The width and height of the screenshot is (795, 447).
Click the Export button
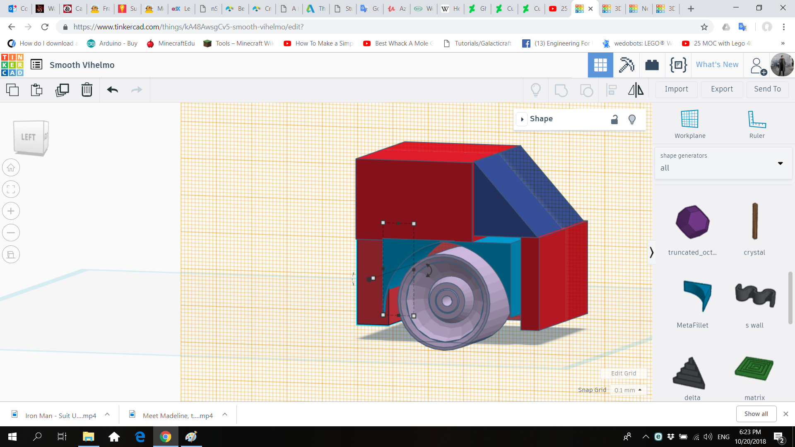tap(722, 89)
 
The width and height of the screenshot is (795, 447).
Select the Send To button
tap(767, 89)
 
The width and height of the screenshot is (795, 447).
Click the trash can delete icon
tap(87, 90)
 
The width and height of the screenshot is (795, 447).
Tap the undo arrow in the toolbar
tap(112, 90)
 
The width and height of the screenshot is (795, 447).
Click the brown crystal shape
tap(754, 221)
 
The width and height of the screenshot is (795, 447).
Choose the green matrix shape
tap(754, 368)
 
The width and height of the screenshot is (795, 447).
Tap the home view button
tap(11, 168)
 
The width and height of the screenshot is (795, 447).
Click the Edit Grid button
tap(623, 373)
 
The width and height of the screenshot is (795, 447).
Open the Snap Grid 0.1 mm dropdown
tap(628, 390)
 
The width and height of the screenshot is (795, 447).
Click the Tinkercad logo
tap(12, 65)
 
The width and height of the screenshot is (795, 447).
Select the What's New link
tap(717, 65)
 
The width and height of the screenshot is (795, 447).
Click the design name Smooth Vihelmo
tap(82, 65)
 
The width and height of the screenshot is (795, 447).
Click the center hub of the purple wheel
tap(447, 301)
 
